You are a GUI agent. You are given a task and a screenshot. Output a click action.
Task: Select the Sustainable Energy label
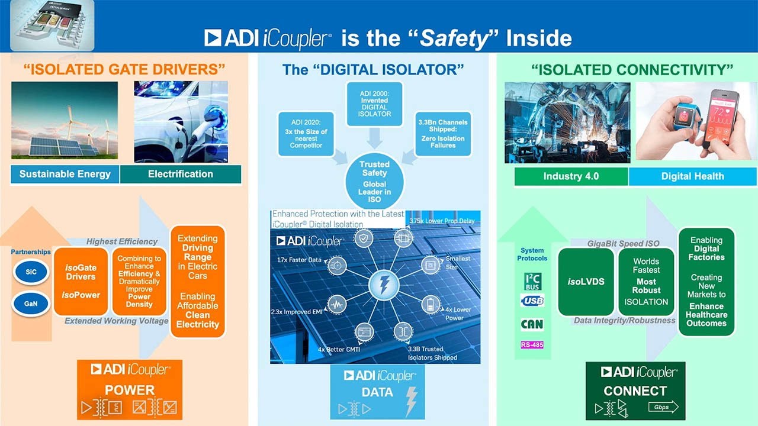[x=65, y=174]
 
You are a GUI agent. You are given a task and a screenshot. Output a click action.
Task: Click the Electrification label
[x=181, y=174]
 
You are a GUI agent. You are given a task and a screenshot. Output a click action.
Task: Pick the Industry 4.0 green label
[x=571, y=176]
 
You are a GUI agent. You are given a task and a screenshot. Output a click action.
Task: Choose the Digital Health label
[x=692, y=176]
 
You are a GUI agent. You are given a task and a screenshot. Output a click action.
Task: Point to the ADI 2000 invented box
[x=374, y=105]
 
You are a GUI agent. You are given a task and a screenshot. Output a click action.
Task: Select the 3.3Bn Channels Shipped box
[x=443, y=134]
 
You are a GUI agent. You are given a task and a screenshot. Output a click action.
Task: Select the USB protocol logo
[x=532, y=301]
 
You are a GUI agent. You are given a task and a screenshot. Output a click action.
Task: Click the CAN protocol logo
[x=532, y=324]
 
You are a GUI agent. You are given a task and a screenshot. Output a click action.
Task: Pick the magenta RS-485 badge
[x=532, y=345]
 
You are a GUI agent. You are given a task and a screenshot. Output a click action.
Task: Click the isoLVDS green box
[x=586, y=282]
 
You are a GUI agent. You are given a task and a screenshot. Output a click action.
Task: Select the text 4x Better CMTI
[x=340, y=349]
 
